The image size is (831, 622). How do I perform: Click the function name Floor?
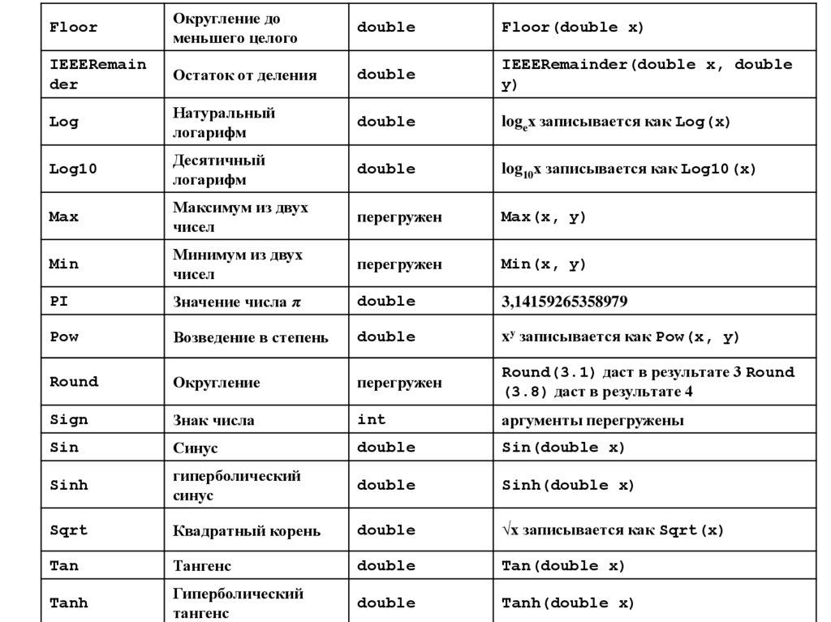pyautogui.click(x=73, y=27)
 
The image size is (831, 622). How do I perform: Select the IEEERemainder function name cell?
pyautogui.click(x=97, y=74)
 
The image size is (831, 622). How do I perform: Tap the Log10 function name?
pyautogui.click(x=73, y=169)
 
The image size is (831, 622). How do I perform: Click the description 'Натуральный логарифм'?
pyautogui.click(x=224, y=122)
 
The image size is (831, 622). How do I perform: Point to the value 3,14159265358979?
pyautogui.click(x=564, y=302)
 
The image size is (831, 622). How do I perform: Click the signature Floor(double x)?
pyautogui.click(x=572, y=27)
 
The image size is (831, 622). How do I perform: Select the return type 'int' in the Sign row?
pyautogui.click(x=372, y=420)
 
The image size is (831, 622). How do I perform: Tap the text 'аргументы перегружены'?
pyautogui.click(x=592, y=420)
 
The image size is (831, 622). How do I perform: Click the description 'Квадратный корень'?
pyautogui.click(x=247, y=531)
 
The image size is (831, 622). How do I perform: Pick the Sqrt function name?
pyautogui.click(x=68, y=530)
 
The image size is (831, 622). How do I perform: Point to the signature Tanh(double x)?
pyautogui.click(x=568, y=603)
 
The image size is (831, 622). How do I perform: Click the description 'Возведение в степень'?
pyautogui.click(x=251, y=337)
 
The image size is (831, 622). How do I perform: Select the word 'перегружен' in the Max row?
pyautogui.click(x=399, y=217)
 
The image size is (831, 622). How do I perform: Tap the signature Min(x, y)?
pyautogui.click(x=543, y=264)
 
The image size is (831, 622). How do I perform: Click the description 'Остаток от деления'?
pyautogui.click(x=244, y=75)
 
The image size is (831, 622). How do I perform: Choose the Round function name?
pyautogui.click(x=73, y=382)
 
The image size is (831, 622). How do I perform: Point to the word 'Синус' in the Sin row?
pyautogui.click(x=196, y=448)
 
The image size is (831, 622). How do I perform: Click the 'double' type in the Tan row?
pyautogui.click(x=385, y=566)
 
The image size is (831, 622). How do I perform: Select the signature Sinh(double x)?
pyautogui.click(x=568, y=486)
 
